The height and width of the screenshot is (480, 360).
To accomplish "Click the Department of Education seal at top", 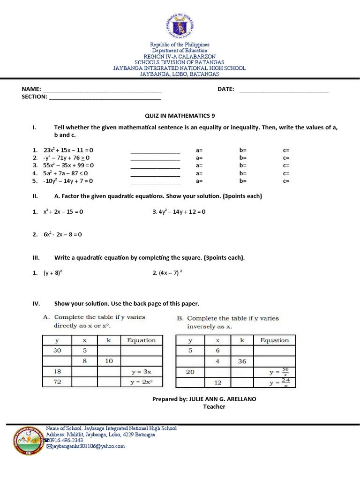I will pos(180,22).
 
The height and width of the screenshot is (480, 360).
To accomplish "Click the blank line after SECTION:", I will pos(105,98).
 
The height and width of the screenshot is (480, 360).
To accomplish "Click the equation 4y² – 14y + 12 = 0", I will pos(179,212).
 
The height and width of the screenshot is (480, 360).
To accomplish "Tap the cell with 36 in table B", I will pos(242,361).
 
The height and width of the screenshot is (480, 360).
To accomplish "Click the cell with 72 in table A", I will pos(58,382).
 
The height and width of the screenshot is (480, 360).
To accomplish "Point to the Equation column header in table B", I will pos(275,340).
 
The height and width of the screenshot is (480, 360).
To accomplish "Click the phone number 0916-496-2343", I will pos(66,441).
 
